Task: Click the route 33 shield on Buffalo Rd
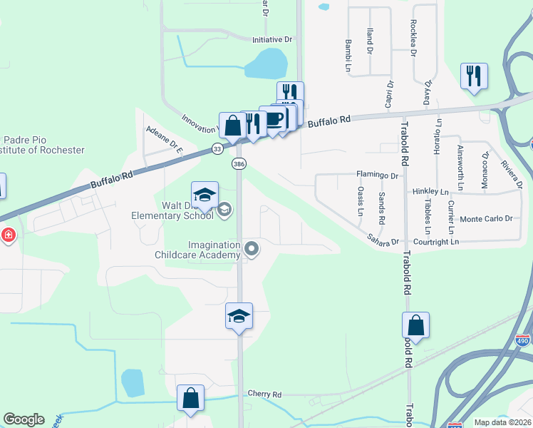(x=217, y=149)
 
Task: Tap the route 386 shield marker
(x=238, y=164)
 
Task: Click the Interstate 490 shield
(x=522, y=340)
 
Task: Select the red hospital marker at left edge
(x=8, y=235)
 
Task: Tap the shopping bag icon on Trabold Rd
(x=416, y=326)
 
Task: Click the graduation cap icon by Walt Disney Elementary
(x=204, y=195)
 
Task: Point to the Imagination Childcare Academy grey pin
(x=251, y=249)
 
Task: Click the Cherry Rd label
(x=264, y=394)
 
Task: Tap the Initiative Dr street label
(x=272, y=40)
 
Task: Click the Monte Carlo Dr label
(x=487, y=219)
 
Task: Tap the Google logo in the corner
(x=24, y=419)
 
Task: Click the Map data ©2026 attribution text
(x=502, y=422)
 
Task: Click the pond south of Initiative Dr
(x=266, y=64)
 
